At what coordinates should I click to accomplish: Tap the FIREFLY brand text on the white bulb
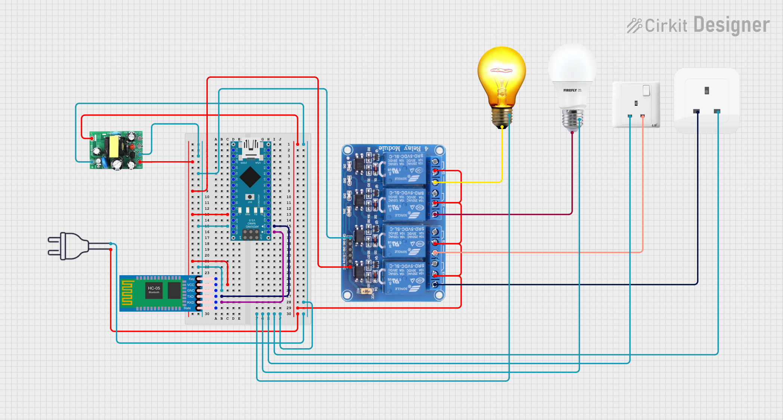(x=570, y=91)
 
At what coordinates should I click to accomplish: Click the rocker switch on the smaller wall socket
(x=646, y=91)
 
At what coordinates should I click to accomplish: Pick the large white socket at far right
(x=706, y=100)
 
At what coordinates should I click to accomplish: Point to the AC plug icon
(x=67, y=246)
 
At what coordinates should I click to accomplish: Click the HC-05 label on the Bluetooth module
(x=154, y=288)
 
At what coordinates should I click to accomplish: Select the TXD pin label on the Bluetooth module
(x=191, y=297)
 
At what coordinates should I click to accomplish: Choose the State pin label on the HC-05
(x=187, y=308)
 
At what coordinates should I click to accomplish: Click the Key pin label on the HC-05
(x=191, y=279)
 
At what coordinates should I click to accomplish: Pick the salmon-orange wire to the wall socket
(x=542, y=252)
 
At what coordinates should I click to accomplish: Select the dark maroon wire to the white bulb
(x=505, y=214)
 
